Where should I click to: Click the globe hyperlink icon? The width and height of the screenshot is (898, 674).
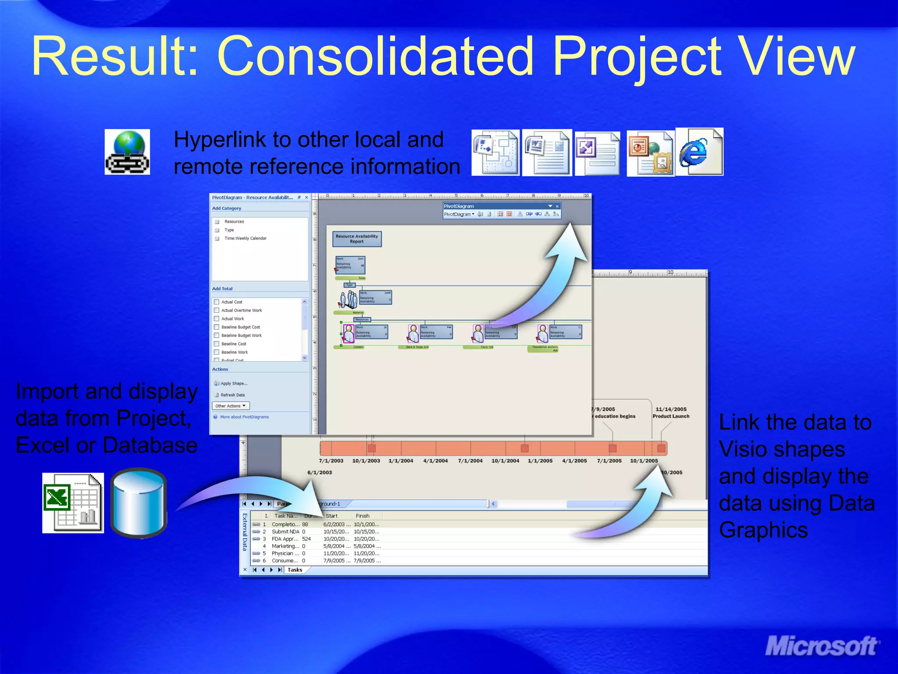point(127,152)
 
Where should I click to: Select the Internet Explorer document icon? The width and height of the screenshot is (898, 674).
point(700,152)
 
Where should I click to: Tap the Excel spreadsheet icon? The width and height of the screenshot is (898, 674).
point(73,502)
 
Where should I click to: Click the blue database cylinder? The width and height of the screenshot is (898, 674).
point(139,503)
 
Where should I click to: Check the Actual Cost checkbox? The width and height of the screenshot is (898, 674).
point(217,302)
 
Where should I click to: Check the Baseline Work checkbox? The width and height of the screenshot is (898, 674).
point(217,352)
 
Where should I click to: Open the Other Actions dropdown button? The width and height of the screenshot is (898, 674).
point(231,406)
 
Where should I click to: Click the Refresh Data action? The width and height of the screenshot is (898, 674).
point(232,395)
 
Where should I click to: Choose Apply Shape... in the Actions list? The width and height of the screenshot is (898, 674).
point(234,384)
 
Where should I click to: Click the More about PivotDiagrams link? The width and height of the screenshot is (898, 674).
point(244,417)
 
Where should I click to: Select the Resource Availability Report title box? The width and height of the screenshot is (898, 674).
point(356,239)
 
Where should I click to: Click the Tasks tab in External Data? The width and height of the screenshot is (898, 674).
point(295,570)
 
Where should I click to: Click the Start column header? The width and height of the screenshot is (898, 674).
point(331,516)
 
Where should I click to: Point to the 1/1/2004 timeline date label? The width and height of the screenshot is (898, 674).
point(400,461)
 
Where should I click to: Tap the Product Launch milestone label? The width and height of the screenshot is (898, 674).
point(671,416)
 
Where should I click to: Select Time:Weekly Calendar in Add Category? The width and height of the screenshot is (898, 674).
point(245,238)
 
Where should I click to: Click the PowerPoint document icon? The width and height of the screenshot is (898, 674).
point(650,153)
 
